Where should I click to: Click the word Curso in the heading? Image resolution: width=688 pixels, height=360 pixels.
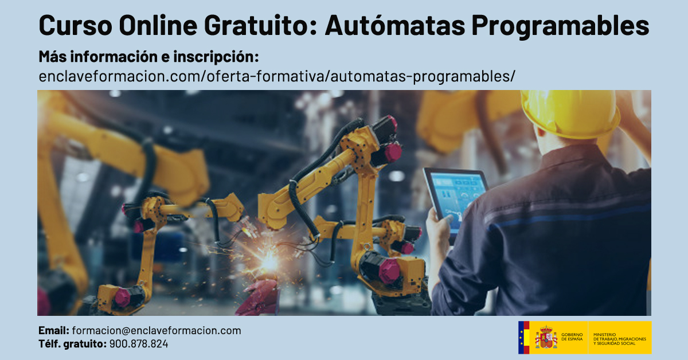tap(73, 26)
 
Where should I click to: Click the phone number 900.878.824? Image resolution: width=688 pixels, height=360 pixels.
tap(139, 344)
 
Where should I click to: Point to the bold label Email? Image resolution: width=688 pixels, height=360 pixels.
tap(54, 331)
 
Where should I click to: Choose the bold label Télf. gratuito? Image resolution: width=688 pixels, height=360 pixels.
tap(72, 344)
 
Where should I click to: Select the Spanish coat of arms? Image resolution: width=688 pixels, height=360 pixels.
tap(546, 338)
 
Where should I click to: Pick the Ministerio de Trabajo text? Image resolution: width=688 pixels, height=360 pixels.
tap(619, 338)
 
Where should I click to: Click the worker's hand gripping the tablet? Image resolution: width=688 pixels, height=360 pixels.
tap(439, 226)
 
